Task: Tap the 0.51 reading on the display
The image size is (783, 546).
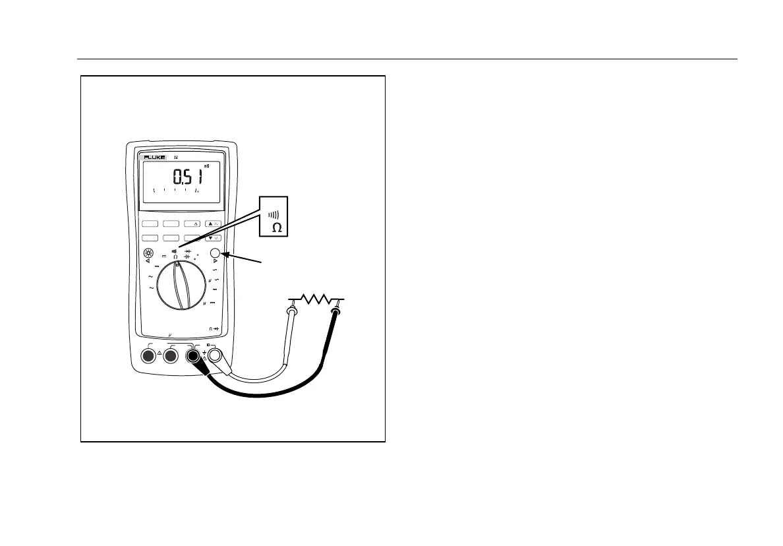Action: (187, 177)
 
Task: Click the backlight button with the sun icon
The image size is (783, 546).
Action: (148, 254)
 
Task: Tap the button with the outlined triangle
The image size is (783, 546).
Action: (193, 224)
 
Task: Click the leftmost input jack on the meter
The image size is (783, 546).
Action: (148, 356)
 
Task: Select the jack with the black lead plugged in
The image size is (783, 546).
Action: (193, 356)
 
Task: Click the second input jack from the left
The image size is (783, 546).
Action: (171, 356)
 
